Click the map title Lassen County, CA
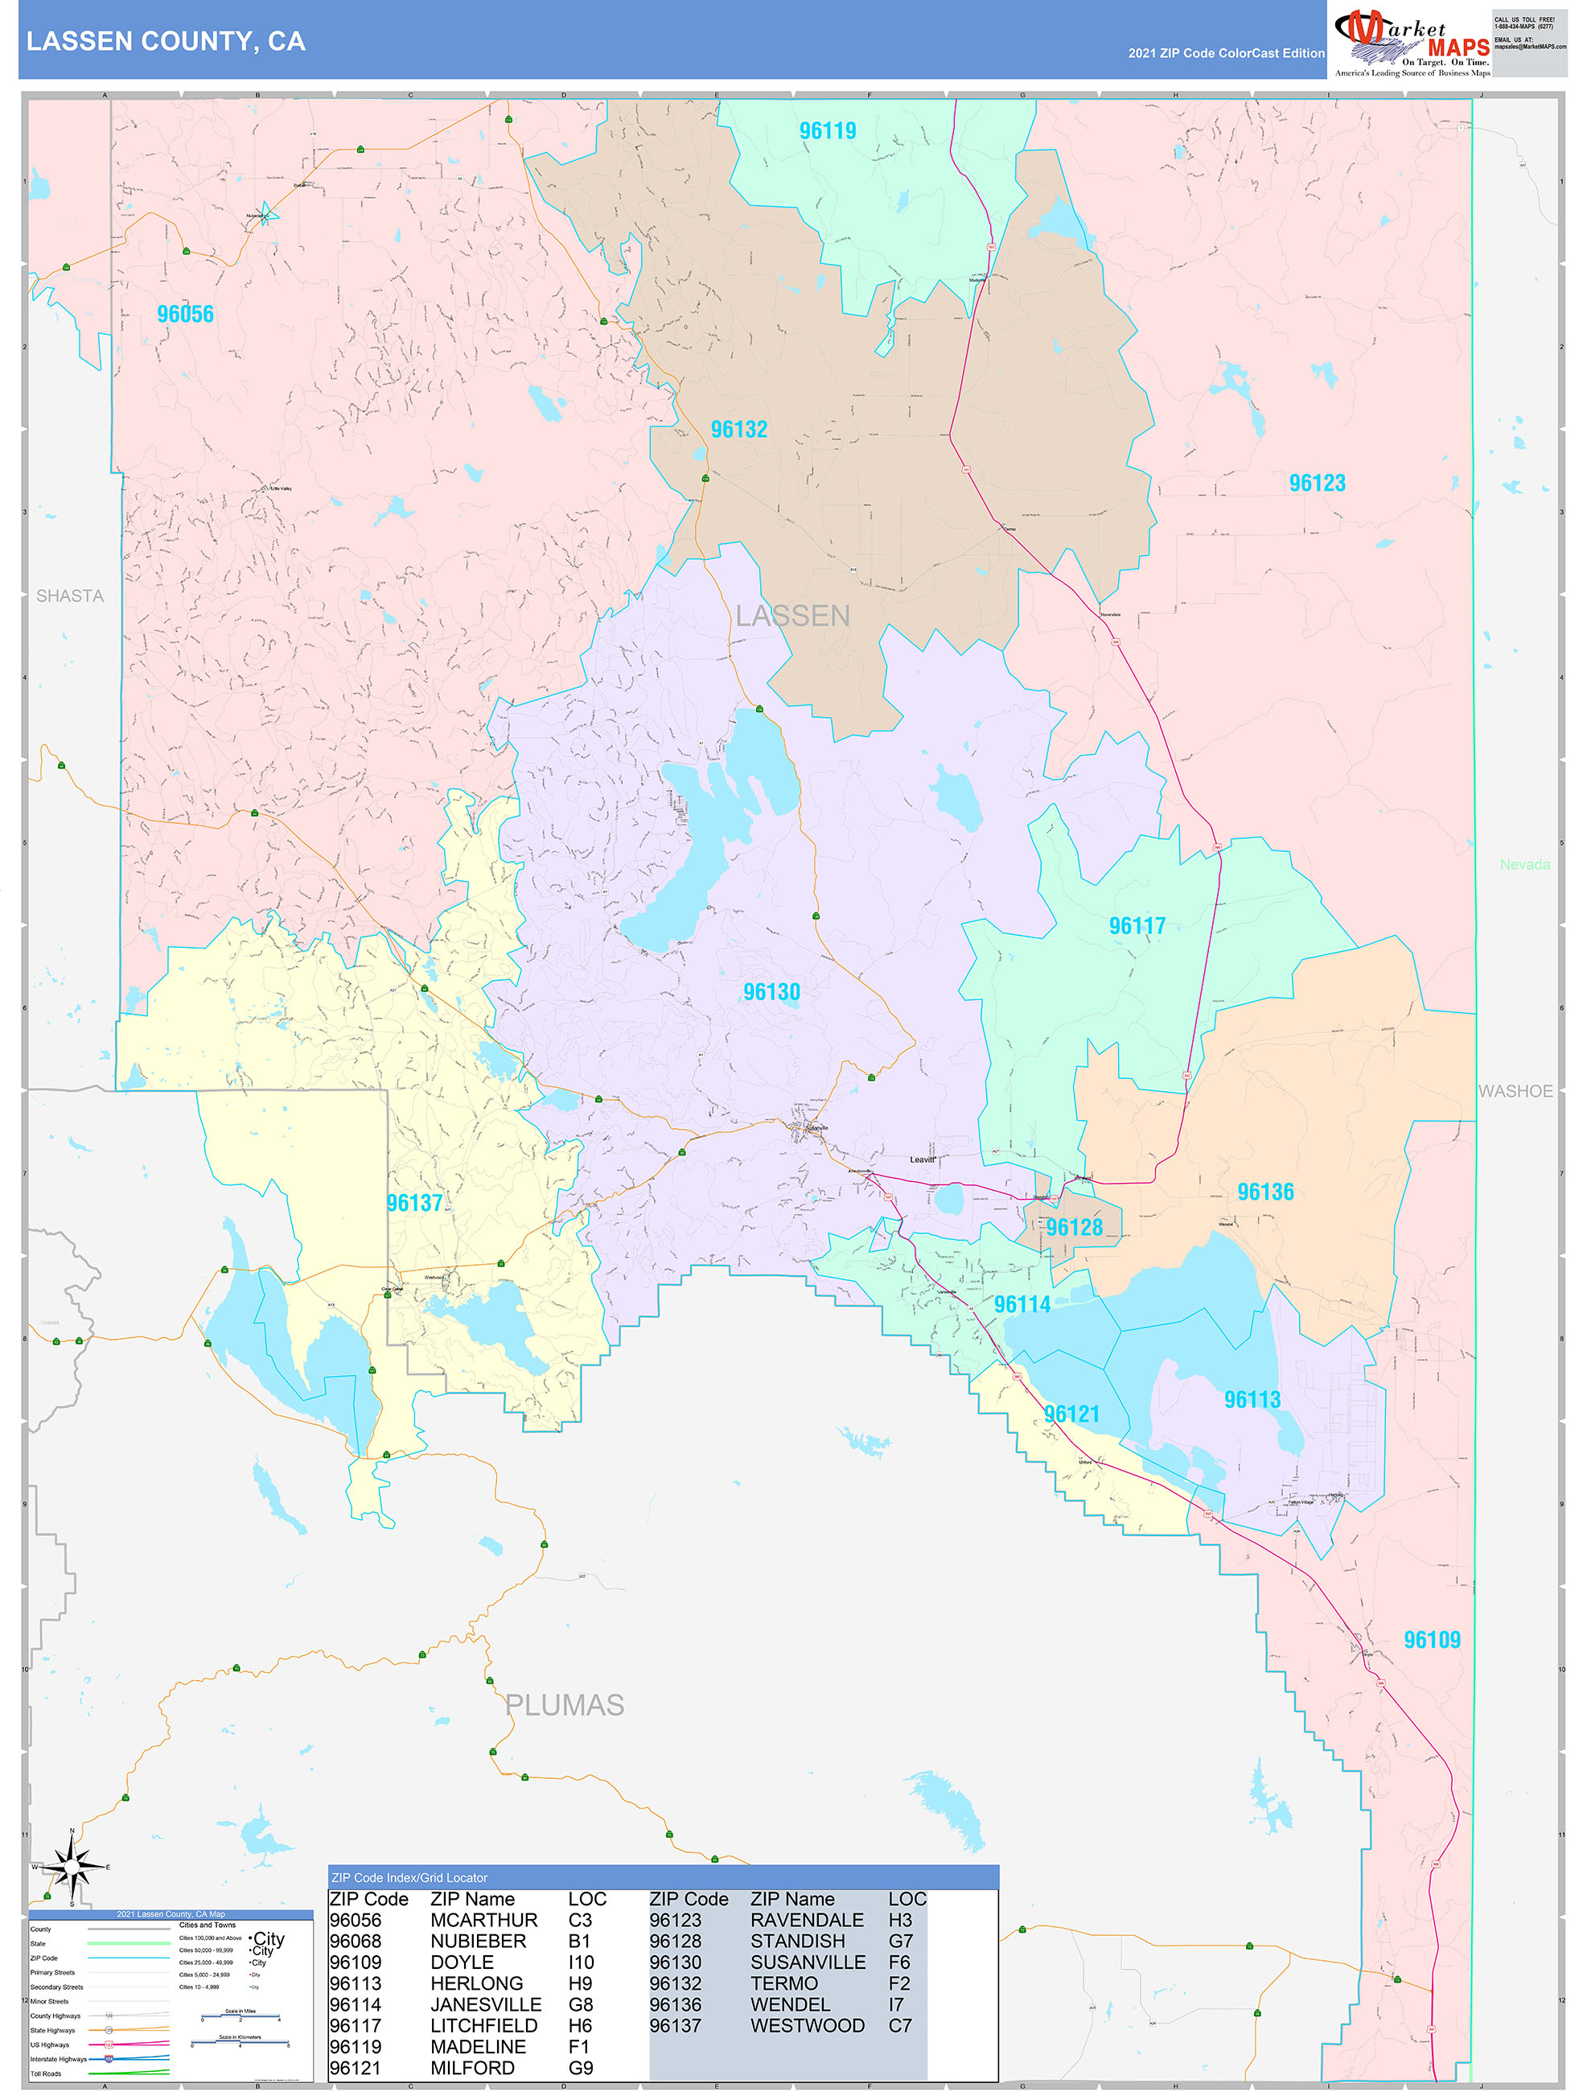click(166, 42)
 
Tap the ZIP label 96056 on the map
click(185, 314)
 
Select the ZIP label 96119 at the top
click(828, 130)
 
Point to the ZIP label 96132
click(738, 430)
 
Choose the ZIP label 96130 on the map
click(771, 992)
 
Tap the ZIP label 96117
click(1137, 926)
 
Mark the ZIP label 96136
click(1265, 1192)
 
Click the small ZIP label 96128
click(1075, 1228)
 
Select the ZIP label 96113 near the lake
click(1252, 1400)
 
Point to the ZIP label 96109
click(1432, 1640)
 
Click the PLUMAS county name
click(565, 1705)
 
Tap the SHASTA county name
click(70, 596)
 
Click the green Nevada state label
click(1524, 864)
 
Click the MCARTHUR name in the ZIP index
click(483, 1920)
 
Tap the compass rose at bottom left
click(72, 1869)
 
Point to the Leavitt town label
click(922, 1159)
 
